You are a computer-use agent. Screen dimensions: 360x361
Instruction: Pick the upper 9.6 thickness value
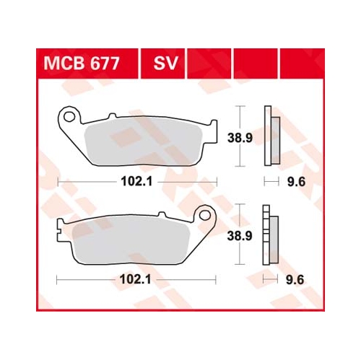(x=295, y=183)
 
